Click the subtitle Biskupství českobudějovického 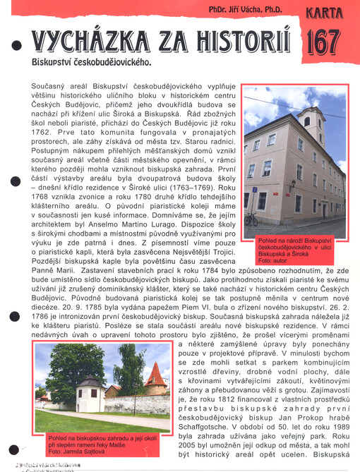[x=92, y=62]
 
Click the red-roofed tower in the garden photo [x=155, y=379]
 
